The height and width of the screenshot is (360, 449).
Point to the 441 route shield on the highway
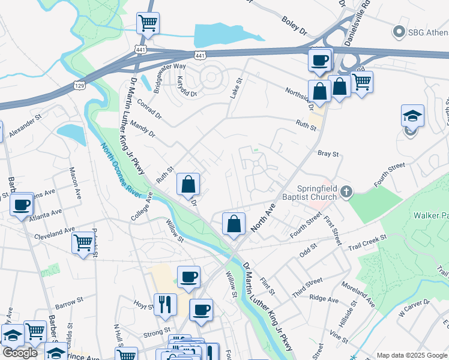pyautogui.click(x=200, y=56)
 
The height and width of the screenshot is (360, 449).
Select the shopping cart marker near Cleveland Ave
pyautogui.click(x=83, y=243)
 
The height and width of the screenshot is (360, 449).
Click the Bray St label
pyautogui.click(x=328, y=154)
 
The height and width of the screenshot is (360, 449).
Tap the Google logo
pyautogui.click(x=20, y=353)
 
